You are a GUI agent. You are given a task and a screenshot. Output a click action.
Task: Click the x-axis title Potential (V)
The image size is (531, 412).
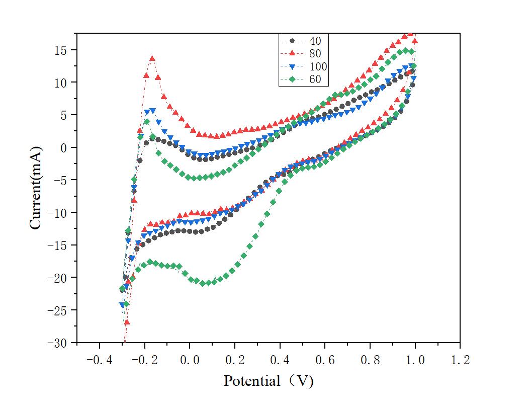pyautogui.click(x=269, y=381)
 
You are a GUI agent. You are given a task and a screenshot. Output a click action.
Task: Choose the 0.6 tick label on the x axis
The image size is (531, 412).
pyautogui.click(x=325, y=361)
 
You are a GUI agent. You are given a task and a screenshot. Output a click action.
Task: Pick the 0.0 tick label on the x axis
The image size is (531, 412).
pyautogui.click(x=189, y=361)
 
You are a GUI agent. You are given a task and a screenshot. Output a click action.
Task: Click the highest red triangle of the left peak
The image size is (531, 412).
pyautogui.click(x=152, y=59)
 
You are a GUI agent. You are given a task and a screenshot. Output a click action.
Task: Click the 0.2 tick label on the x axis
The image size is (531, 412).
pyautogui.click(x=234, y=361)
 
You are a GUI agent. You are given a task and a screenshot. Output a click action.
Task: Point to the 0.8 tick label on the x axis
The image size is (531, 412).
pyautogui.click(x=370, y=361)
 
